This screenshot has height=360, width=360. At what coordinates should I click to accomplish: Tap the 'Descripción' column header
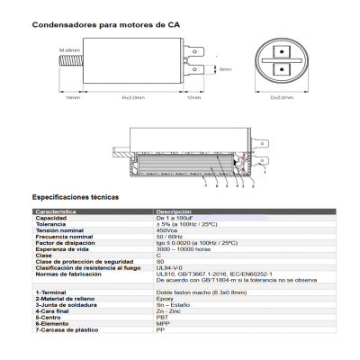click(175, 211)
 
